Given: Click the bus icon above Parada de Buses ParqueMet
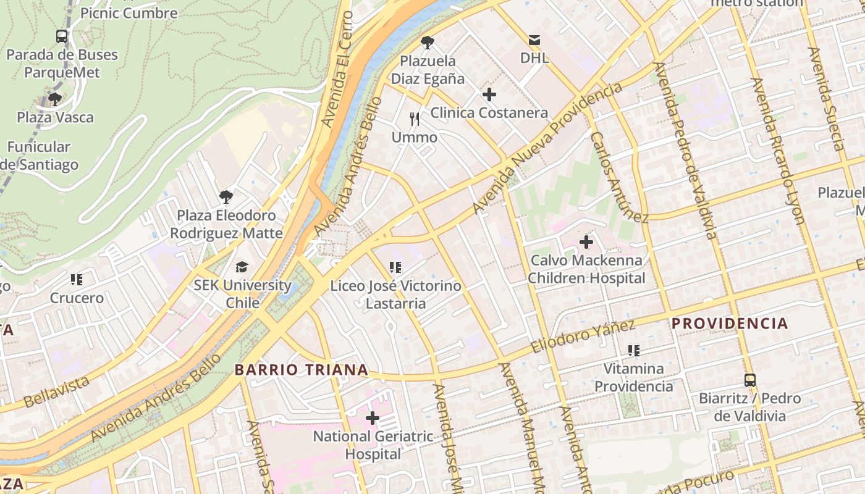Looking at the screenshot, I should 62,36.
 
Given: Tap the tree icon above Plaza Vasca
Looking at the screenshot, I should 55,99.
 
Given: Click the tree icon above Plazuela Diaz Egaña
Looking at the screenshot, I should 427,43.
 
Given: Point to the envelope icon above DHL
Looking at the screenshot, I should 534,40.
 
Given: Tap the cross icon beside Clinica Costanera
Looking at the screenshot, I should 489,94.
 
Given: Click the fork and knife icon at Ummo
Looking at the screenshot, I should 415,119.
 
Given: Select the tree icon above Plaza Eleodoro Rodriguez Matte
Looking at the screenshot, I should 226,197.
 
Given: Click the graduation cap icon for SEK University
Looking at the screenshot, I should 242,267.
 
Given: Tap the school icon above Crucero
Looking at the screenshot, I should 77,280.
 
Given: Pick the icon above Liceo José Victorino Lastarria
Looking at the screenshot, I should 395,267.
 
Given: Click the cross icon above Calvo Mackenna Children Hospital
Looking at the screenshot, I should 586,242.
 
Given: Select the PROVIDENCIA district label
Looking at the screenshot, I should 730,323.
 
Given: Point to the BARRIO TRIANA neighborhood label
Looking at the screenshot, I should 302,370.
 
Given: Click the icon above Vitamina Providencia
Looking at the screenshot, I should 633,351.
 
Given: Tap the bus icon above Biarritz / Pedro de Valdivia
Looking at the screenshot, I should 749,380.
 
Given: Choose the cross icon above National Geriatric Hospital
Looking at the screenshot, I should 372,418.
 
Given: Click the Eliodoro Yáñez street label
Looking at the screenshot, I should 583,337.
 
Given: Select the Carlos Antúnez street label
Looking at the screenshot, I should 618,177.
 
